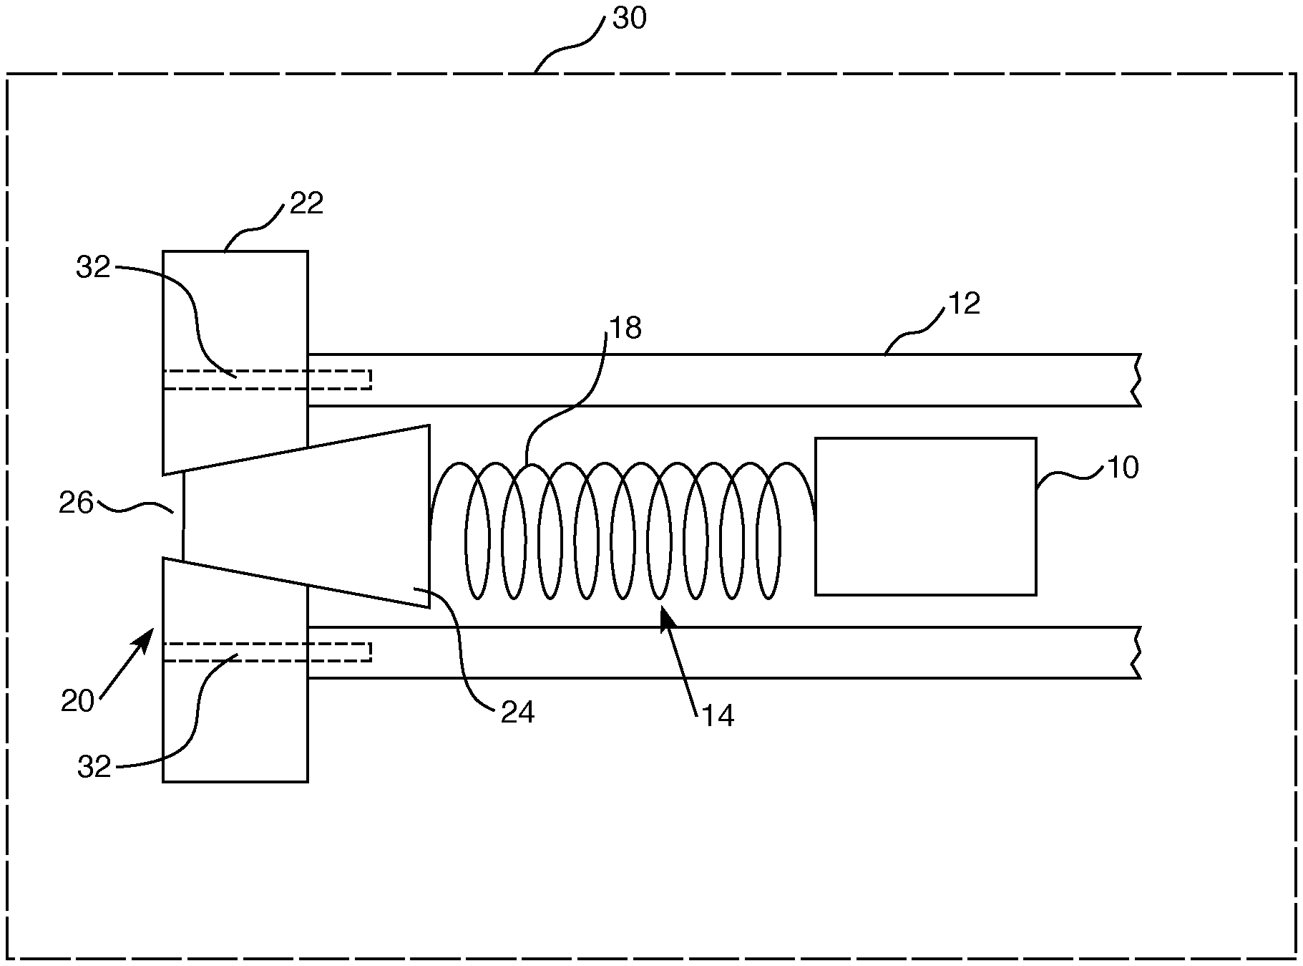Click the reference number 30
pos(630,18)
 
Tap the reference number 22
pos(307,204)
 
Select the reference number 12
pos(964,304)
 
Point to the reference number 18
pos(625,329)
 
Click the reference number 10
pos(1123,468)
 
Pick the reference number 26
pos(77,503)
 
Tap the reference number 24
pos(517,713)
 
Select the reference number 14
pos(718,717)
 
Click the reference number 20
pos(78,702)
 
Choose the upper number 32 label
pos(94,268)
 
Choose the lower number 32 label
pos(94,768)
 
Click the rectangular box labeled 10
pos(926,516)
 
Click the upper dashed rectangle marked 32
pos(267,380)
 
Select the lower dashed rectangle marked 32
pos(267,652)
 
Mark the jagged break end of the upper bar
pos(1136,380)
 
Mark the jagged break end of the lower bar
pos(1136,652)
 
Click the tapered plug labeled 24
pos(306,516)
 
